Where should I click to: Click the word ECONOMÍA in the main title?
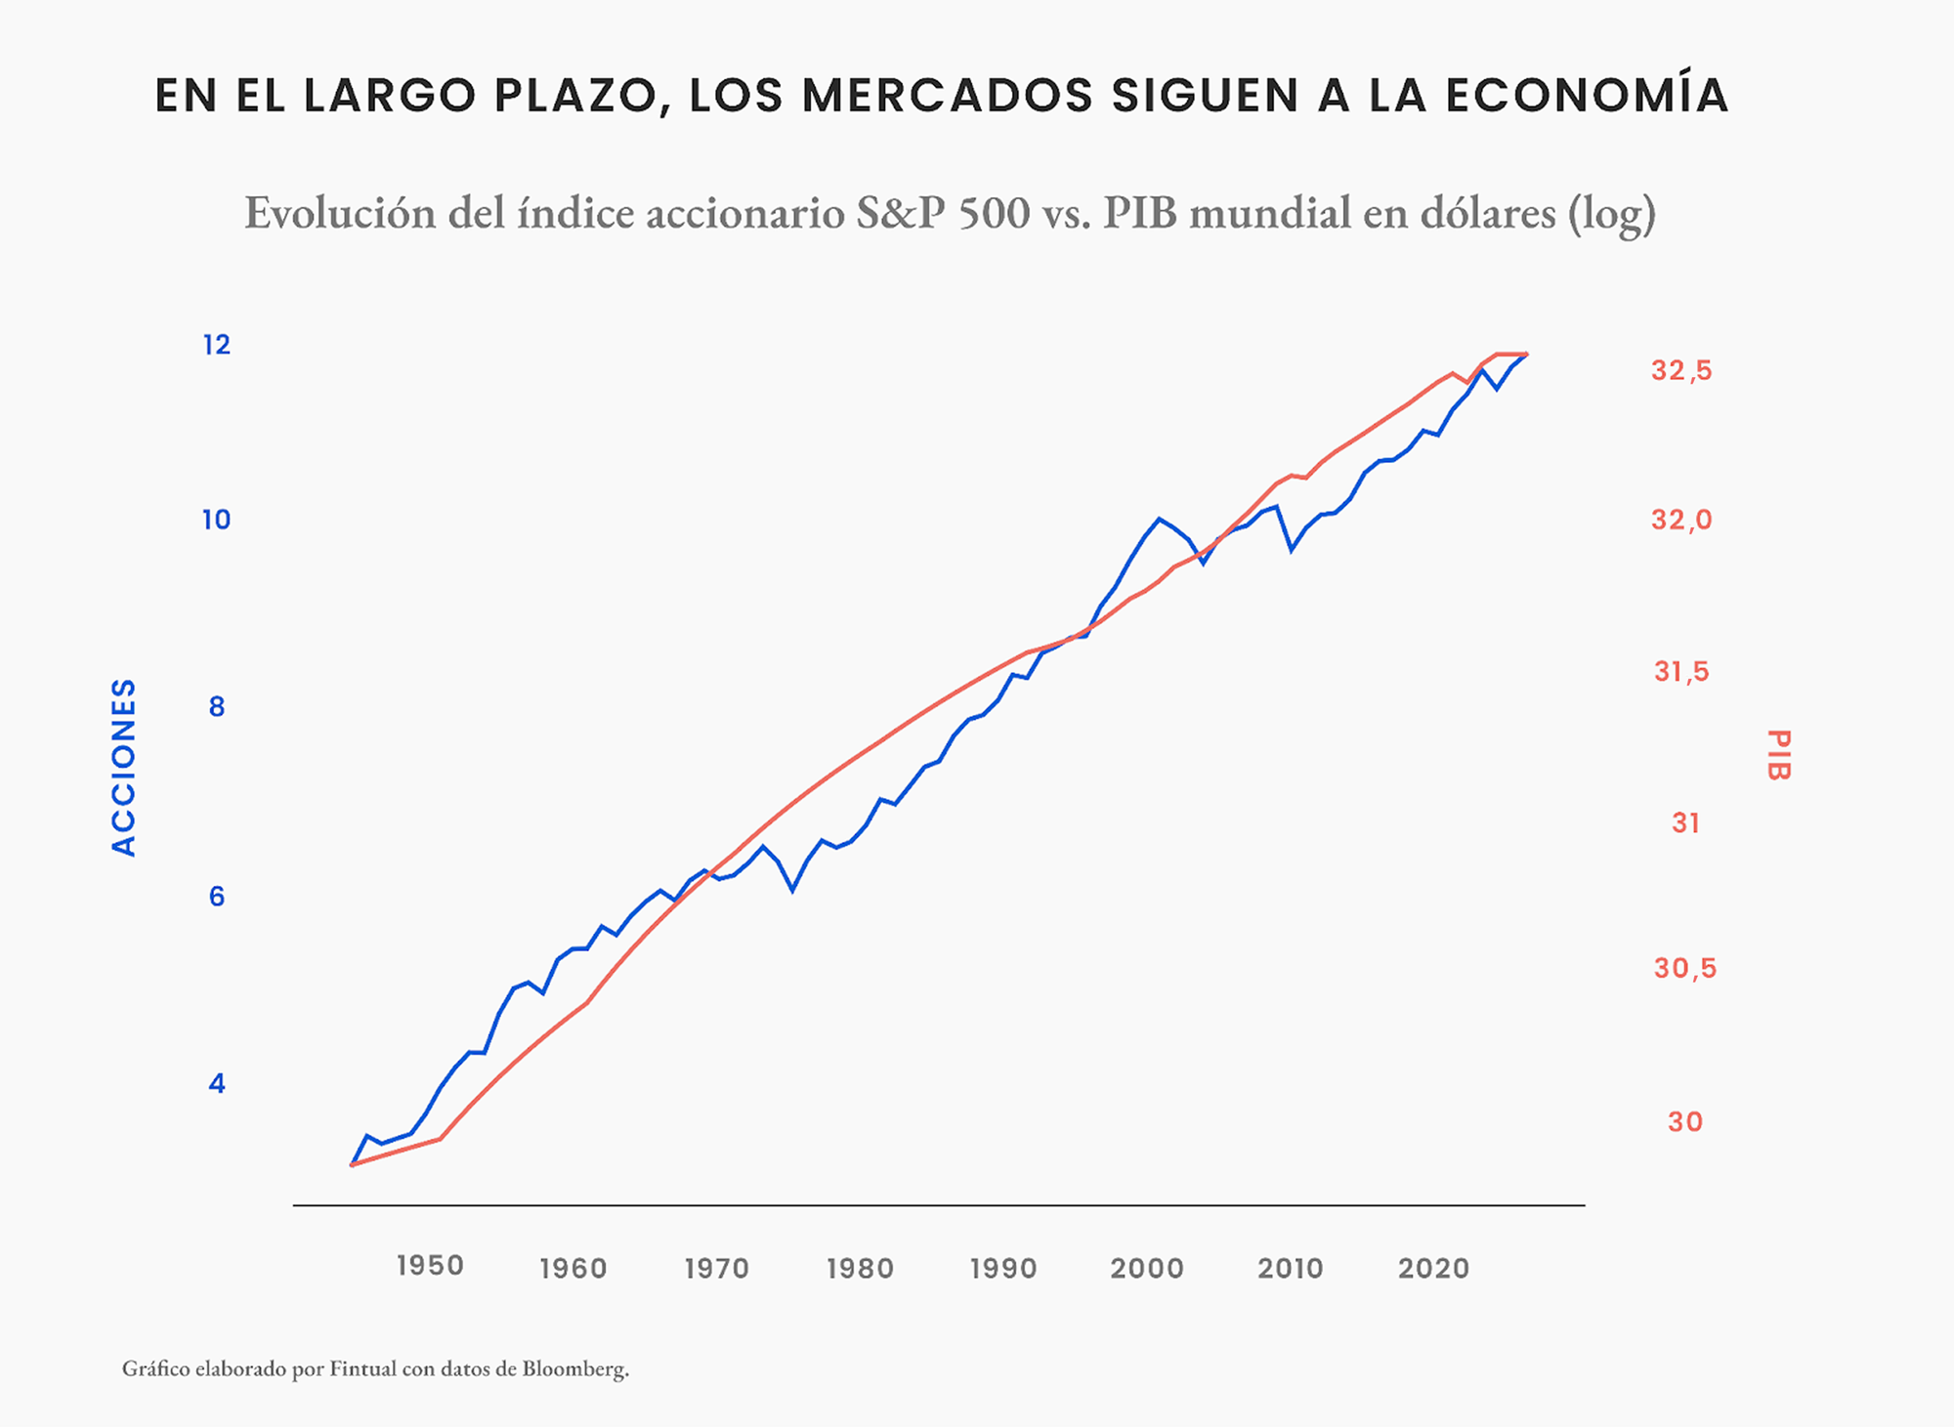click(x=1587, y=95)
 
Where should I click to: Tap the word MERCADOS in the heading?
click(x=947, y=95)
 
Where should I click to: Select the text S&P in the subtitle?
click(x=900, y=213)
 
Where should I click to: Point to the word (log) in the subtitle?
click(x=1612, y=213)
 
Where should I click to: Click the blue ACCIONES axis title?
click(x=124, y=768)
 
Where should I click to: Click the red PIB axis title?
click(x=1778, y=755)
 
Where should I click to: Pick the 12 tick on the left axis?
click(x=217, y=345)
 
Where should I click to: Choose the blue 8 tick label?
click(x=217, y=707)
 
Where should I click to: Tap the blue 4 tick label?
click(x=217, y=1083)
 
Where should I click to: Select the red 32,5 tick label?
click(x=1681, y=370)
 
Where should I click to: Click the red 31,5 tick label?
click(x=1681, y=671)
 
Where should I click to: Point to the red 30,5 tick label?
click(x=1684, y=968)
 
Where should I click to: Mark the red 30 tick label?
click(x=1685, y=1121)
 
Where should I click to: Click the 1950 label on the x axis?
click(x=430, y=1266)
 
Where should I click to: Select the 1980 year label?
click(x=860, y=1268)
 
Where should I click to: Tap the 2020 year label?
click(x=1433, y=1268)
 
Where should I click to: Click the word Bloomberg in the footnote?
click(x=574, y=1369)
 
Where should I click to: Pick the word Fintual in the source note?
click(x=362, y=1369)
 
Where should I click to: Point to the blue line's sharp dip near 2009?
click(x=1292, y=551)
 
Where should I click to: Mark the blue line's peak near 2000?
click(x=1160, y=519)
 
